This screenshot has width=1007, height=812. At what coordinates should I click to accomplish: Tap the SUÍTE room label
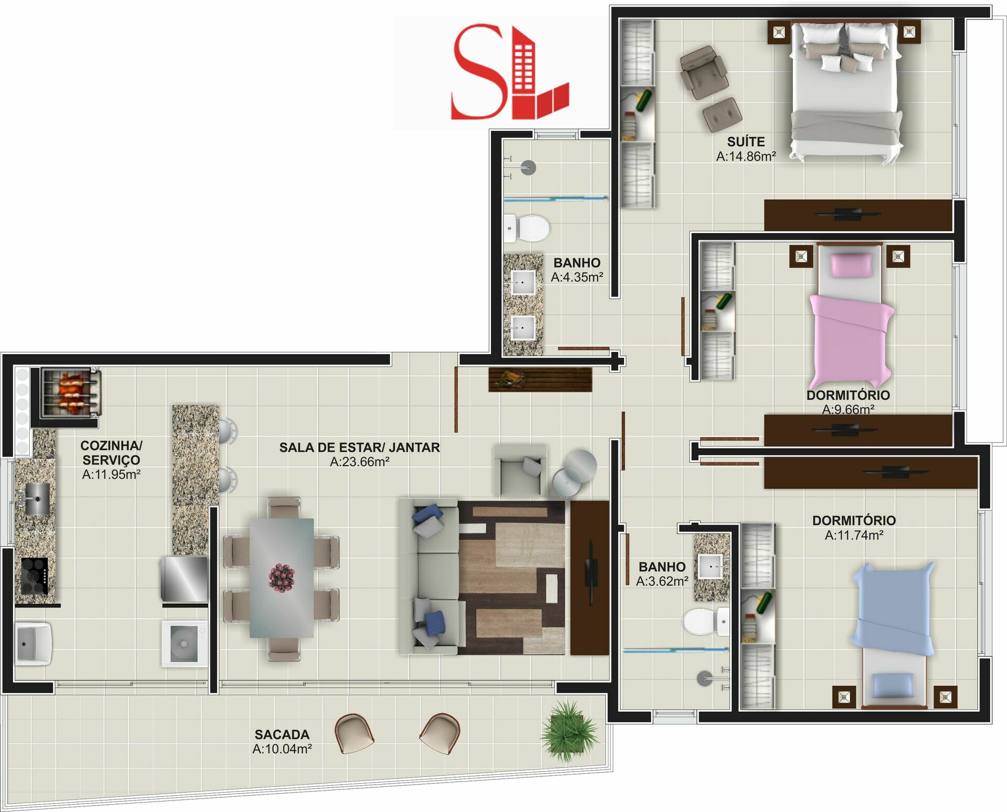[746, 142]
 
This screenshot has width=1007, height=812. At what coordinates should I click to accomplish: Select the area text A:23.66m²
[360, 462]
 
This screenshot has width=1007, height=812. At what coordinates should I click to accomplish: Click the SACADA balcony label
[282, 734]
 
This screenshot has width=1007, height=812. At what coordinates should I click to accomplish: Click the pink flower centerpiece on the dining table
[282, 578]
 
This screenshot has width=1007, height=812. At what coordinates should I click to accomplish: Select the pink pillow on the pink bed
[851, 265]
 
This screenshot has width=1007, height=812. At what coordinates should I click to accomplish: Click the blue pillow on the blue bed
[893, 686]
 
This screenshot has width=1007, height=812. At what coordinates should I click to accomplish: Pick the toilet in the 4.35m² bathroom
[527, 229]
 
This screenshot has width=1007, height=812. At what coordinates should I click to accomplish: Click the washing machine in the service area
[185, 644]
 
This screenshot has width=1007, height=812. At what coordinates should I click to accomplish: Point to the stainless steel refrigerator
[184, 579]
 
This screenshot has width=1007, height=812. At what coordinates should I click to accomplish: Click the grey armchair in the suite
[703, 72]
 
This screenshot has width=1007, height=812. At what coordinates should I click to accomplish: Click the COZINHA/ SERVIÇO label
[111, 453]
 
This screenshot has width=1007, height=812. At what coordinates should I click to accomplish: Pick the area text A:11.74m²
[854, 535]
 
